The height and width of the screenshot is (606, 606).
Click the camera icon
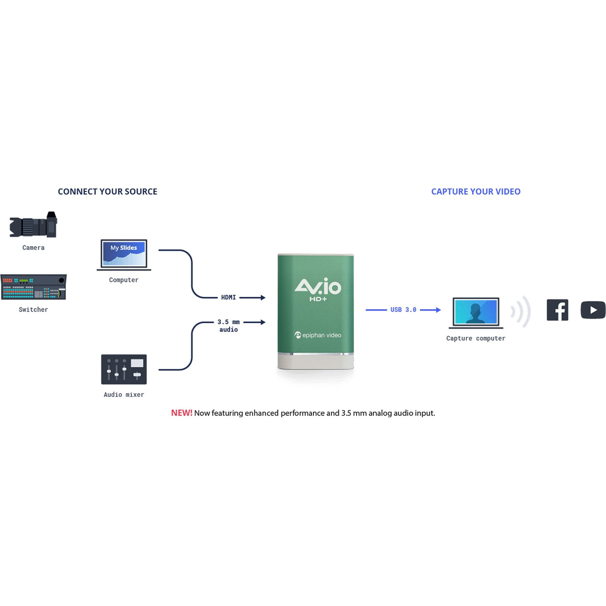click(x=33, y=226)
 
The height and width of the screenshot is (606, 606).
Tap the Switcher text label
click(x=33, y=309)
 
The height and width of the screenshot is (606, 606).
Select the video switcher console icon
click(x=33, y=287)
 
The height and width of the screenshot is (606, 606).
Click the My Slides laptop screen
click(x=124, y=254)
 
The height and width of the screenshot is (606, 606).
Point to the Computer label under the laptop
click(x=124, y=280)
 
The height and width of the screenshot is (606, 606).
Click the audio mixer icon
click(x=124, y=369)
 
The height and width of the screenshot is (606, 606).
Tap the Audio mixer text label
click(x=124, y=394)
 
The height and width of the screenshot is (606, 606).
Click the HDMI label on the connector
click(x=228, y=298)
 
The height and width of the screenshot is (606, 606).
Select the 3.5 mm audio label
click(x=228, y=325)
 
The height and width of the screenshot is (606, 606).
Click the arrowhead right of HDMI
click(x=263, y=298)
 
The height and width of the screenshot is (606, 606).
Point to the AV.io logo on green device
click(x=318, y=289)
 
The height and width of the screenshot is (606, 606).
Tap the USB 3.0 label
click(x=403, y=310)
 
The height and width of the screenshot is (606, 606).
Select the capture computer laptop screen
click(x=476, y=312)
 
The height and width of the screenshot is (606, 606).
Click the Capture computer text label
click(x=476, y=338)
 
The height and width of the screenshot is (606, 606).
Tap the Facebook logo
click(x=557, y=310)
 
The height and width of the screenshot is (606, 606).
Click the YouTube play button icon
click(x=593, y=310)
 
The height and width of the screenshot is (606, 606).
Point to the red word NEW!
click(x=182, y=413)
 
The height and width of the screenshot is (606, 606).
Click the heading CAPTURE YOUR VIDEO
click(x=476, y=192)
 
